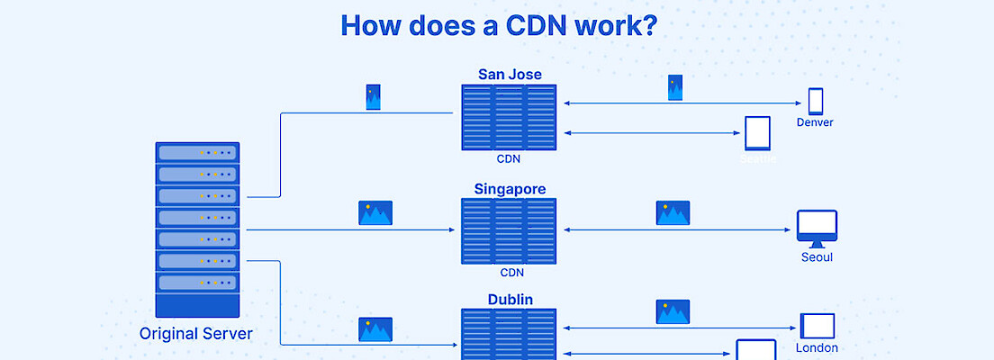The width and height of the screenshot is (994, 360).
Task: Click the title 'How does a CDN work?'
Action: point(498,25)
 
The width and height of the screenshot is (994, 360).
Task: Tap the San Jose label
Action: point(509,74)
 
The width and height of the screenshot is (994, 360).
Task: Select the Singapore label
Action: point(510,189)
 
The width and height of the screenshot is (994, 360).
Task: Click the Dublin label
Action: point(510,300)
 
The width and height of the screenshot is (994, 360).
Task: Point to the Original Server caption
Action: point(196,334)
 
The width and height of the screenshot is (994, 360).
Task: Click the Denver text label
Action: point(815,122)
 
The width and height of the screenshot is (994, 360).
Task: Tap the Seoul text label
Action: point(817,257)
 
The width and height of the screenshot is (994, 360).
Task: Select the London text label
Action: point(817,347)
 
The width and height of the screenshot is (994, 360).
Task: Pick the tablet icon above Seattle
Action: point(757,133)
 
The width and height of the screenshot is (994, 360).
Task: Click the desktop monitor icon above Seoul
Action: point(817,229)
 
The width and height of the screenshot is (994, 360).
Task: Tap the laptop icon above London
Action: point(818,326)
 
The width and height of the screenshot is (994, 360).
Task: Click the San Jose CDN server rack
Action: point(509,117)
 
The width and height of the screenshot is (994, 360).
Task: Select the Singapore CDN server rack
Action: point(509,231)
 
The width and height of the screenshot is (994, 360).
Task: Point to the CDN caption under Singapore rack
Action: point(511,273)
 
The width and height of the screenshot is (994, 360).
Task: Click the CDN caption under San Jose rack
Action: point(509,159)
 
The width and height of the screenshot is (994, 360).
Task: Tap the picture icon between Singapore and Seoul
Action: point(673,212)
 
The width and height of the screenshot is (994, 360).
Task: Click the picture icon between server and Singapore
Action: point(375,212)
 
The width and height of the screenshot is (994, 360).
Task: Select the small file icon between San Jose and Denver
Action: point(675,87)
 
